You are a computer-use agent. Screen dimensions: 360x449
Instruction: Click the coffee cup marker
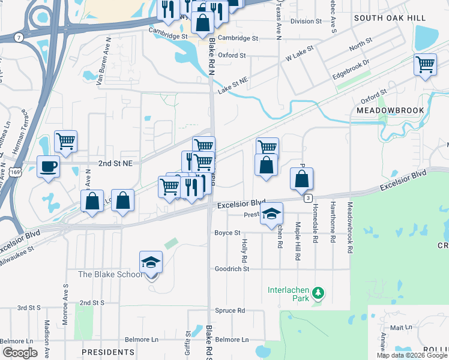[48, 167]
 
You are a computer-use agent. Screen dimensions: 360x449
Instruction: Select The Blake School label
[110, 275]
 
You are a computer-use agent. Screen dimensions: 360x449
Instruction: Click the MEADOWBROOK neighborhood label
[390, 110]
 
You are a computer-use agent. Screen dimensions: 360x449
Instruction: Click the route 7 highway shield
[20, 38]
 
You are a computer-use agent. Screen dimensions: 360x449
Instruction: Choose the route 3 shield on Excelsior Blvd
[307, 198]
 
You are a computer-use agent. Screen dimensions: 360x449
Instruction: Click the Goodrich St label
[232, 269]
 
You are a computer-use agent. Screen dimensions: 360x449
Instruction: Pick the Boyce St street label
[228, 233]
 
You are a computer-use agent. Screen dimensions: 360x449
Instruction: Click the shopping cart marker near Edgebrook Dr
[425, 64]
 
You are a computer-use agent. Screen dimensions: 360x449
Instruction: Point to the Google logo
[20, 353]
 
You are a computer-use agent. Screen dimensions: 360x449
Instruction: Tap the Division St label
[306, 21]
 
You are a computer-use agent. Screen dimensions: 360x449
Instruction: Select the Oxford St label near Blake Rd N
[232, 55]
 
